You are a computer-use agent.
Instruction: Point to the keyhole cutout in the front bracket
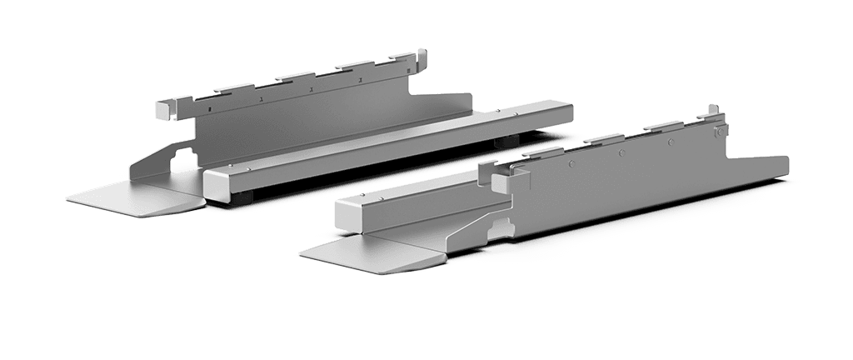coord(500,226)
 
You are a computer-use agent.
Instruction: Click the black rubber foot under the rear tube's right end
coord(503,142)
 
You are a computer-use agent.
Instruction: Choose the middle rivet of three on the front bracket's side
coord(621,153)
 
